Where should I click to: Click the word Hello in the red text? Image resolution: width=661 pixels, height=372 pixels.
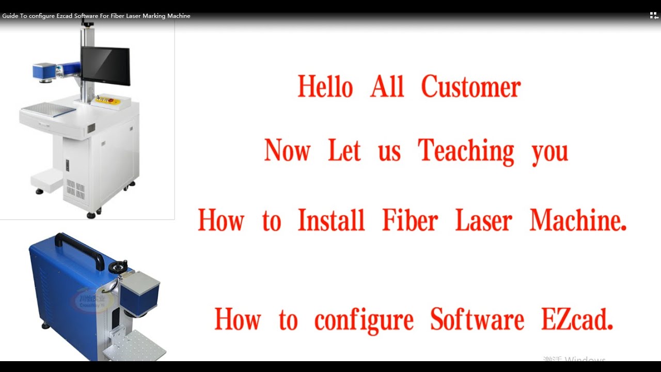pos(325,87)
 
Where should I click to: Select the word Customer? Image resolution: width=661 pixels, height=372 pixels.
pos(470,87)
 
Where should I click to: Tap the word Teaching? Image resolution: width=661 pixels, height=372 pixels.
pos(466,151)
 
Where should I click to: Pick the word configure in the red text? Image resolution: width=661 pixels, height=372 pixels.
pos(364,320)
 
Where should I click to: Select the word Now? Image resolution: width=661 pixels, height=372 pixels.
pos(287,151)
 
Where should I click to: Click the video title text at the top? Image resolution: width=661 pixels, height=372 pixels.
pos(96,16)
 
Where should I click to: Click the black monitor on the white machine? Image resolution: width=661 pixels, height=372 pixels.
pos(105,66)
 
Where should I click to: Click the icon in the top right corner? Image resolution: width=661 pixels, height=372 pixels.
pos(654,16)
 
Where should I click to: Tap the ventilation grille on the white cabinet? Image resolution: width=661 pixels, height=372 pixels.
pos(75,189)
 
